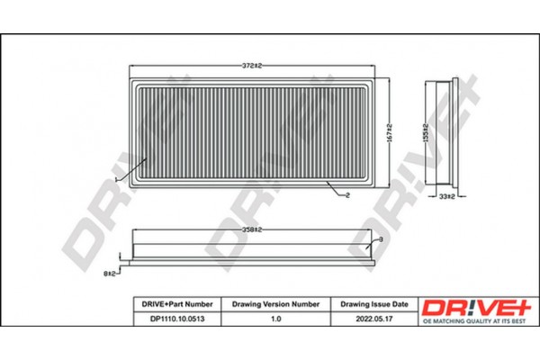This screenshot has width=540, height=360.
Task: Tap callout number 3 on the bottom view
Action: tap(381, 238)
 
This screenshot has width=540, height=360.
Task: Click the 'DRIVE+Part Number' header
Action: tap(174, 304)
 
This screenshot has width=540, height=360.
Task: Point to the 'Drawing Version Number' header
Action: tap(275, 304)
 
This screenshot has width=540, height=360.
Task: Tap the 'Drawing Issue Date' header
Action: tap(374, 304)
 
